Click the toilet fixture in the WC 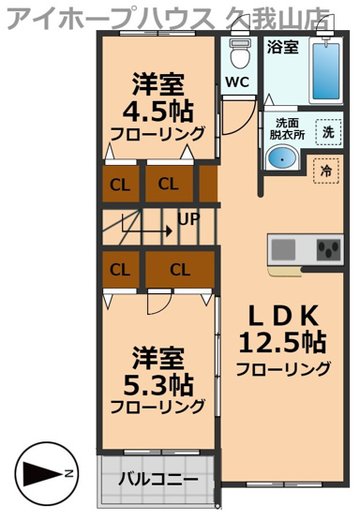coord(237,47)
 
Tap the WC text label coord(237,82)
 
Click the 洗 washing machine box coord(327,132)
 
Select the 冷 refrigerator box coord(325,171)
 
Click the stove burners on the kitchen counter coord(330,250)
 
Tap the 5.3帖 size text coord(157,383)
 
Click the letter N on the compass coord(69,474)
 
